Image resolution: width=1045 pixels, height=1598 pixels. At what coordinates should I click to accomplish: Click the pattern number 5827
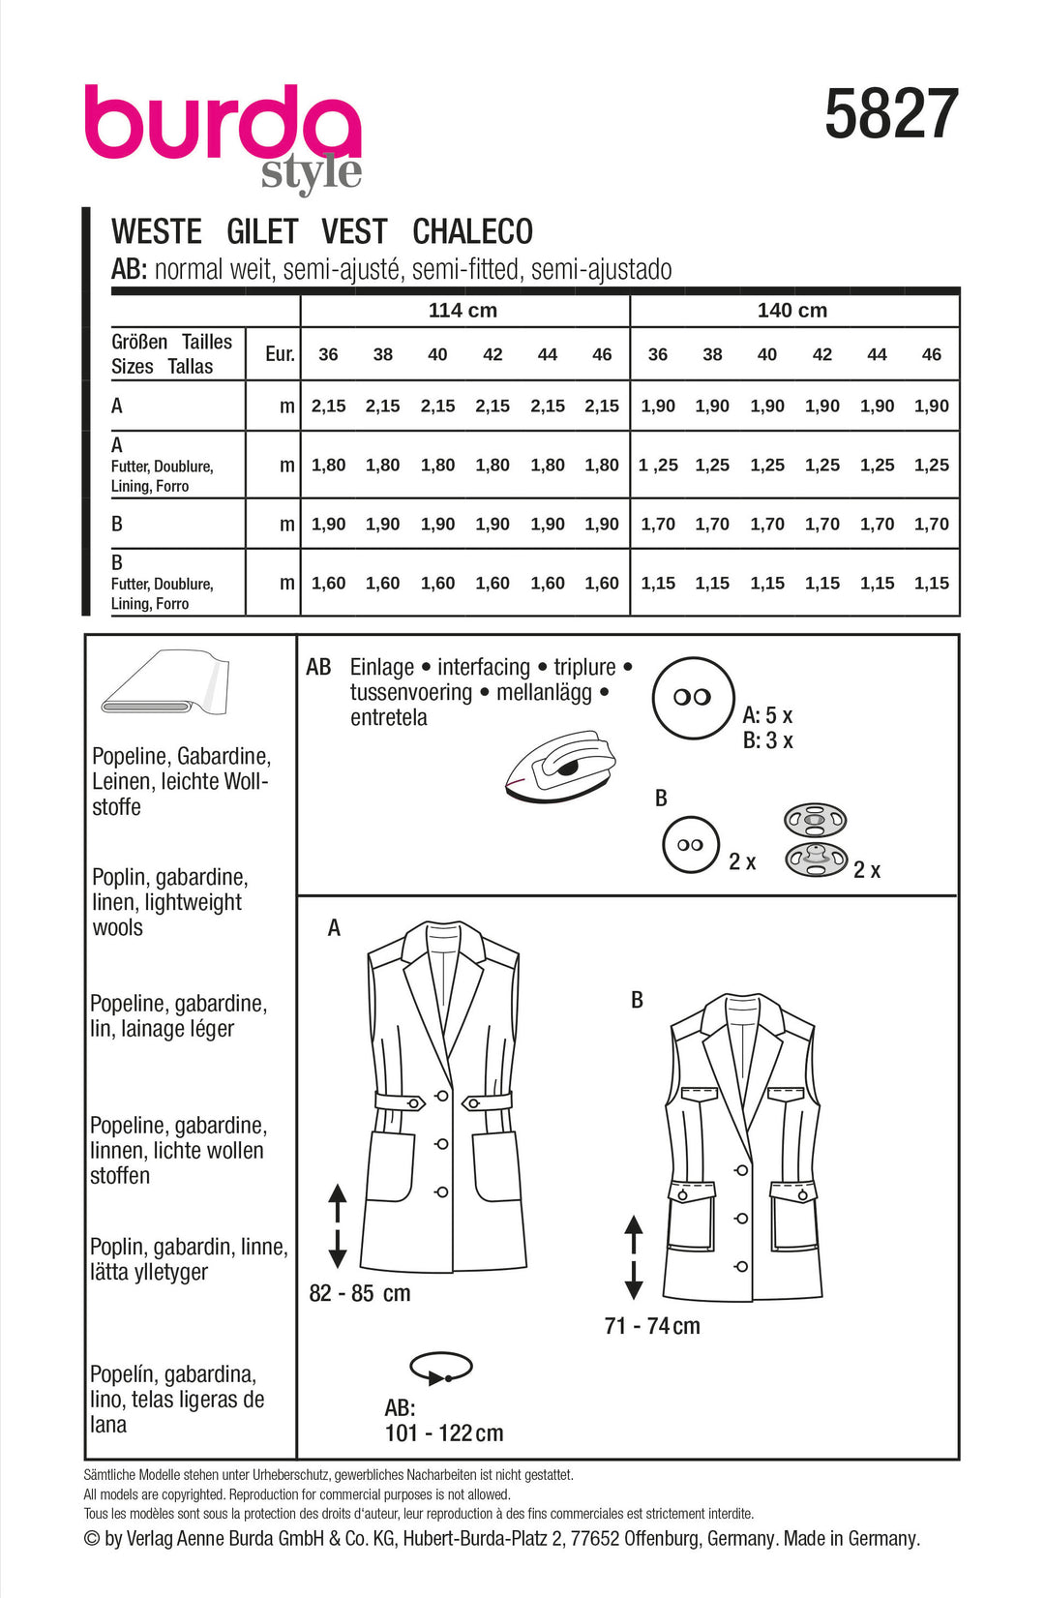click(x=891, y=114)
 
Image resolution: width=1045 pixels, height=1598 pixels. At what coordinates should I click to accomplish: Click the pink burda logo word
click(x=222, y=123)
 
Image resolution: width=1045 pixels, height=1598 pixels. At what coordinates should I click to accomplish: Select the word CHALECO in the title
click(x=472, y=232)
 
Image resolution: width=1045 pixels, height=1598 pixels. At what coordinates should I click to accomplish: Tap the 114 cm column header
click(x=463, y=311)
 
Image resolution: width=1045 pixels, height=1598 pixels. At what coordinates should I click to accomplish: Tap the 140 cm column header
click(x=791, y=311)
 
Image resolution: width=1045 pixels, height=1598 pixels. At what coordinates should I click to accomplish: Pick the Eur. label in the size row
click(x=280, y=354)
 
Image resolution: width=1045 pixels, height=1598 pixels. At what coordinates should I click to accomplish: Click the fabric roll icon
click(x=165, y=682)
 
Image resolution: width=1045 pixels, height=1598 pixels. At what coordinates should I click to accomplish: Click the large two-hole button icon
click(x=693, y=697)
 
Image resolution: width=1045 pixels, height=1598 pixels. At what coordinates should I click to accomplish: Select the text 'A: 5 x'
click(x=767, y=716)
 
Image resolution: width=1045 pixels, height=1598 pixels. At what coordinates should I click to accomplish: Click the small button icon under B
click(x=691, y=845)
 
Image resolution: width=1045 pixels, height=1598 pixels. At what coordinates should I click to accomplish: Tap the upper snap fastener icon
click(x=815, y=821)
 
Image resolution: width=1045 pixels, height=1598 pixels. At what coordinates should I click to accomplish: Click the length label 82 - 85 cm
click(x=360, y=1293)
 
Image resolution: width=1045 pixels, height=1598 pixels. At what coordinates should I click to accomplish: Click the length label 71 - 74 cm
click(x=651, y=1326)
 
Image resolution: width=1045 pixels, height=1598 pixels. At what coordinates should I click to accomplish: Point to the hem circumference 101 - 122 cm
click(x=444, y=1433)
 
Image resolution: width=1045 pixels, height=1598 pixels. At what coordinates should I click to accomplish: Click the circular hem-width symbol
click(x=441, y=1369)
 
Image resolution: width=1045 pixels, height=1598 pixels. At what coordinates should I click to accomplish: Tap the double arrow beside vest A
click(x=338, y=1225)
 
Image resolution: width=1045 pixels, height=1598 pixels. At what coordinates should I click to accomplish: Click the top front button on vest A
click(x=441, y=1096)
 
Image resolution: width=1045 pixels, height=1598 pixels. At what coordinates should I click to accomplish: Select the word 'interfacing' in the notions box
click(x=484, y=667)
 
